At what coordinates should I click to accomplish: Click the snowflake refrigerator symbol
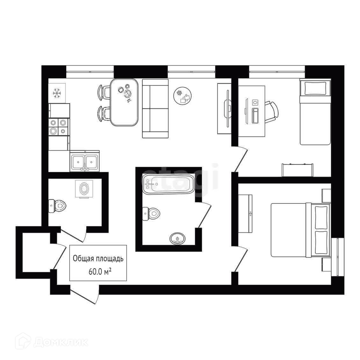click(x=57, y=93)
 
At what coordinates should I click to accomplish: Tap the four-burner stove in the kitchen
click(x=58, y=126)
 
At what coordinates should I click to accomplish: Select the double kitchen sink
click(x=84, y=161)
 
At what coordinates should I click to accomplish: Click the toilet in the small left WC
click(x=57, y=206)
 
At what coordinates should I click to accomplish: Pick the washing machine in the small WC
click(x=84, y=189)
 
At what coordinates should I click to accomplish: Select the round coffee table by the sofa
click(x=183, y=95)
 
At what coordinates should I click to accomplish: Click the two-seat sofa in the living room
click(x=155, y=109)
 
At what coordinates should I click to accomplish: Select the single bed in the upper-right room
click(x=315, y=112)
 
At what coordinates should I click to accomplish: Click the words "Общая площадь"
click(x=98, y=259)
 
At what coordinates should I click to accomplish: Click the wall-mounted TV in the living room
click(x=227, y=109)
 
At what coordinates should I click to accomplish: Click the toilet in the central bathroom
click(x=152, y=213)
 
